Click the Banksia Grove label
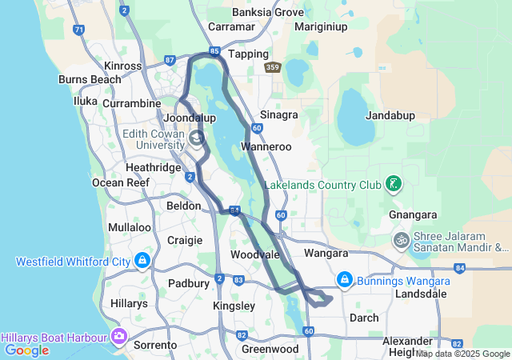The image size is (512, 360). (268, 12)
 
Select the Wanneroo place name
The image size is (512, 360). (267, 146)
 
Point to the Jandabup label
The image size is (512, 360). (390, 115)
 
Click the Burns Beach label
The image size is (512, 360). (90, 79)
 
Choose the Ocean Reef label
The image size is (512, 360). (121, 182)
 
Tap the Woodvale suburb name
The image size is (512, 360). (254, 254)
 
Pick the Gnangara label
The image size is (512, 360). (413, 214)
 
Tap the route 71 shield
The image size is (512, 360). (78, 30)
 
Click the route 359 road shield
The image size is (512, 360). (273, 68)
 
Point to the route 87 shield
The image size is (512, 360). (170, 60)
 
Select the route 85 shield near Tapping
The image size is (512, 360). (214, 51)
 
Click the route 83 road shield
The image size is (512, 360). (239, 279)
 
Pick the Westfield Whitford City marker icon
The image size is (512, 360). (142, 261)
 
